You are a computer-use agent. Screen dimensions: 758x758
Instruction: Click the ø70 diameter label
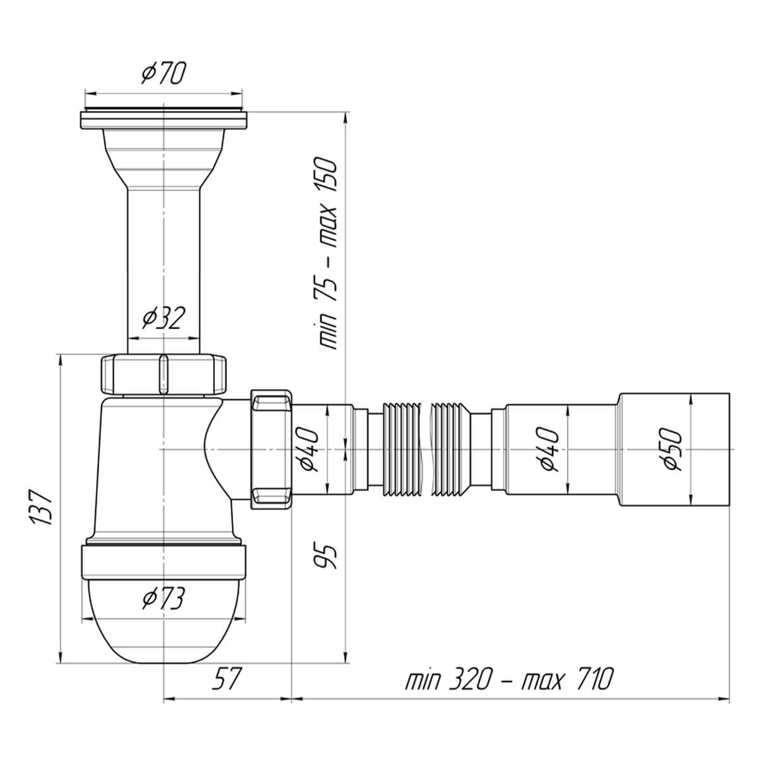[163, 73]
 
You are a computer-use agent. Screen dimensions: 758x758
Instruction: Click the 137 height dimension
[42, 507]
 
